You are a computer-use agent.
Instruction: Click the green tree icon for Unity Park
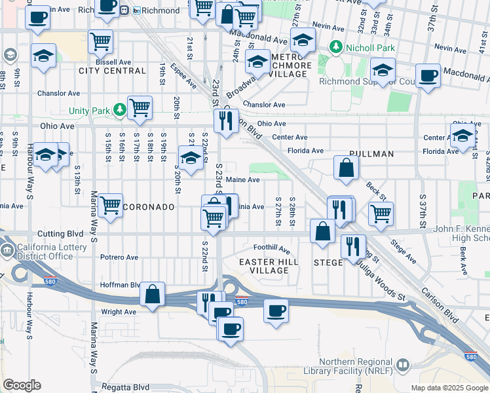pyautogui.click(x=120, y=109)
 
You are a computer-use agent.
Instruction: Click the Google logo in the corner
pyautogui.click(x=22, y=385)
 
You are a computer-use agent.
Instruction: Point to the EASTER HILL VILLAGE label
pyautogui.click(x=269, y=266)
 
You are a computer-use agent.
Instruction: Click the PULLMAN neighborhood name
pyautogui.click(x=371, y=154)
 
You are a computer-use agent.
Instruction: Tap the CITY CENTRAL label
pyautogui.click(x=112, y=71)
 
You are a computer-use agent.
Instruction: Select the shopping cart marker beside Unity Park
pyautogui.click(x=140, y=107)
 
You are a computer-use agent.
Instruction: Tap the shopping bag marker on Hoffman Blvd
pyautogui.click(x=152, y=294)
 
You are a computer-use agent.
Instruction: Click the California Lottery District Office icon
pyautogui.click(x=7, y=250)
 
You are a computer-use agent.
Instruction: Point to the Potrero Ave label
pyautogui.click(x=117, y=257)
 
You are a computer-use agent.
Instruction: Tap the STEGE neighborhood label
pyautogui.click(x=328, y=263)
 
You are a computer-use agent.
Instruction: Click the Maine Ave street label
pyautogui.click(x=242, y=179)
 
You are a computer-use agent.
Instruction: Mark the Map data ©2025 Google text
pyautogui.click(x=449, y=388)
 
